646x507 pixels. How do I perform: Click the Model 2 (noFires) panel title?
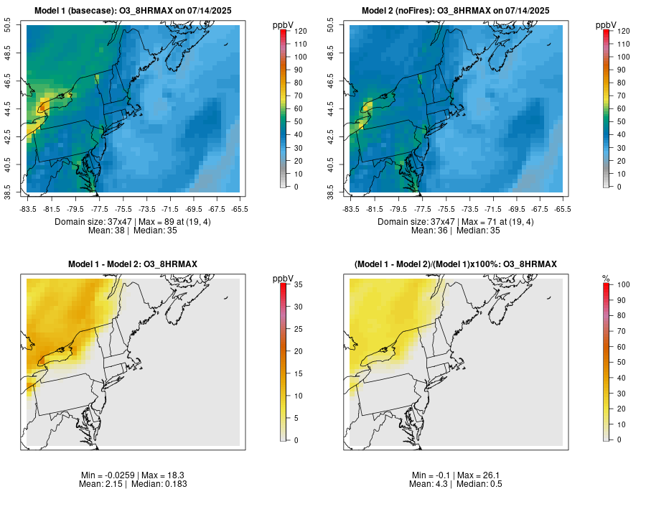[x=456, y=11]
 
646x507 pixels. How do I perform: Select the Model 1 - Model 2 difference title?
[x=133, y=264]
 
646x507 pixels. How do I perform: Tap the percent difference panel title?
[x=456, y=264]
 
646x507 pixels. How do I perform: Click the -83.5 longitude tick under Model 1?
[x=27, y=209]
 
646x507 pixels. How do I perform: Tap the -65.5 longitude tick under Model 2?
[x=563, y=209]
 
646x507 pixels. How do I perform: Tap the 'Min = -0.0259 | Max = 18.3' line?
[x=133, y=475]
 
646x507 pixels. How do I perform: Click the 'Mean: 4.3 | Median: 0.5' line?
[x=456, y=484]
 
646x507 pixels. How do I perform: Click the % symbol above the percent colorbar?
[x=606, y=278]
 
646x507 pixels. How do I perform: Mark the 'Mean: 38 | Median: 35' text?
[x=133, y=231]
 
